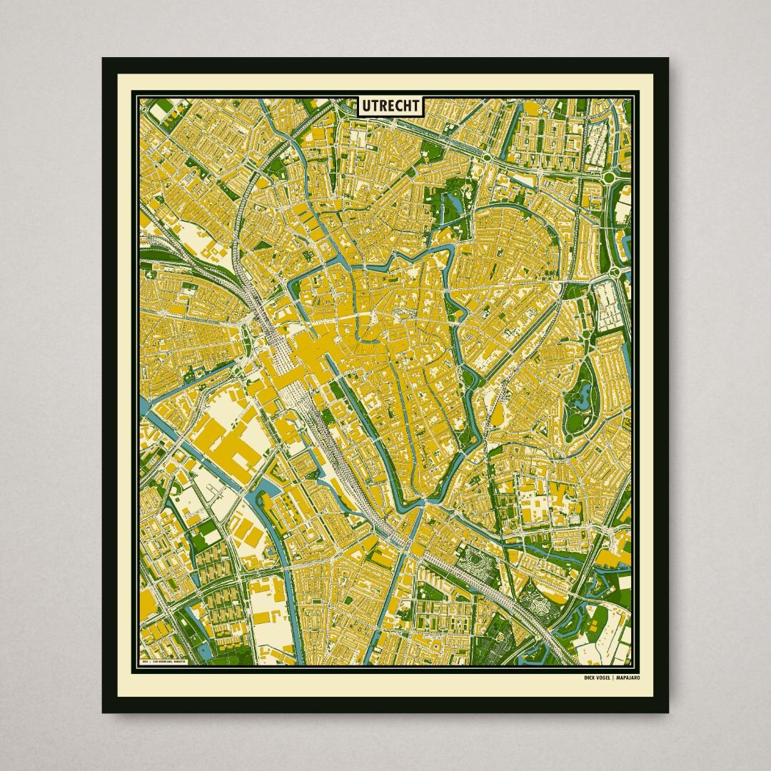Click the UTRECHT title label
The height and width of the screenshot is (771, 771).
(390, 106)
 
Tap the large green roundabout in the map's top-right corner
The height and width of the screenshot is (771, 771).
(613, 176)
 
